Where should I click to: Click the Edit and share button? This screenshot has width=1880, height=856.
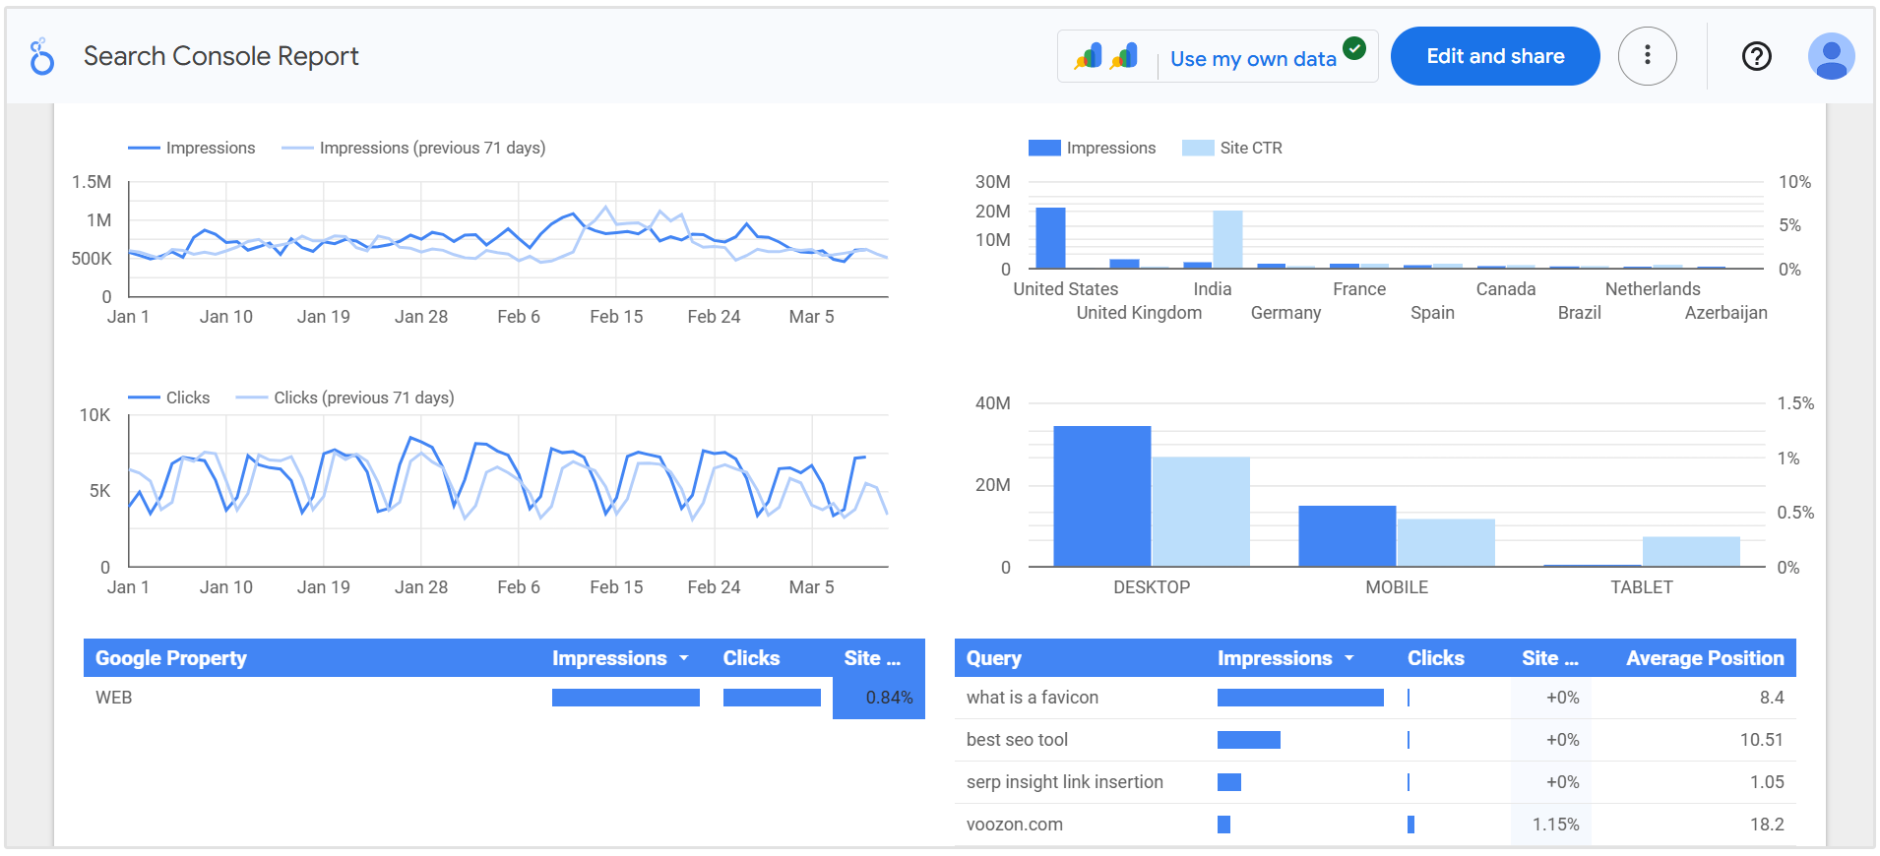coord(1494,56)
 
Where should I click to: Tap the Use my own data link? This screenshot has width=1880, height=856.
coord(1252,59)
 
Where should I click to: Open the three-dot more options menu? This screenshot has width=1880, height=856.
coord(1647,56)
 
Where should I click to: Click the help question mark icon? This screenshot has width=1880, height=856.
coord(1756,56)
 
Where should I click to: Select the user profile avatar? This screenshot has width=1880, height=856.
coord(1831,56)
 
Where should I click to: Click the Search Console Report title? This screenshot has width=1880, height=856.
coord(220,56)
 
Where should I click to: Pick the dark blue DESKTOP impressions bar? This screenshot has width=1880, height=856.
coord(1101,497)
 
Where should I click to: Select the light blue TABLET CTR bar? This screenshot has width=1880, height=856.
coord(1690,552)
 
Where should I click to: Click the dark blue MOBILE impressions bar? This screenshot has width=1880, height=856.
coord(1347,536)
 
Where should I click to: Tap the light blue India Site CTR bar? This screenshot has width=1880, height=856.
coord(1227,239)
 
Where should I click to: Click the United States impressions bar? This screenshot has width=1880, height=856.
coord(1050,238)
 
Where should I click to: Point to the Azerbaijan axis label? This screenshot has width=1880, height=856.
coord(1725,313)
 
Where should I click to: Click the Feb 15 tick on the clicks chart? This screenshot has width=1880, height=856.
coord(616,587)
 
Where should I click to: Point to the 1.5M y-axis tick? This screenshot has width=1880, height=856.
coord(92,182)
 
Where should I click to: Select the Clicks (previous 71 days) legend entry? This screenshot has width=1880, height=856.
coord(362,397)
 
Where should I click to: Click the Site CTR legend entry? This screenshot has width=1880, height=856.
coord(1249,148)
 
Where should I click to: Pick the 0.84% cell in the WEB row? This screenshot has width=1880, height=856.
coord(888,698)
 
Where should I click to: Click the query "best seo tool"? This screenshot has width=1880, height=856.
coord(1017,740)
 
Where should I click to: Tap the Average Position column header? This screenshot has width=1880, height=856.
coord(1704,658)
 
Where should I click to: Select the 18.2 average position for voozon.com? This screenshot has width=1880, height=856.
coord(1766,825)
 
